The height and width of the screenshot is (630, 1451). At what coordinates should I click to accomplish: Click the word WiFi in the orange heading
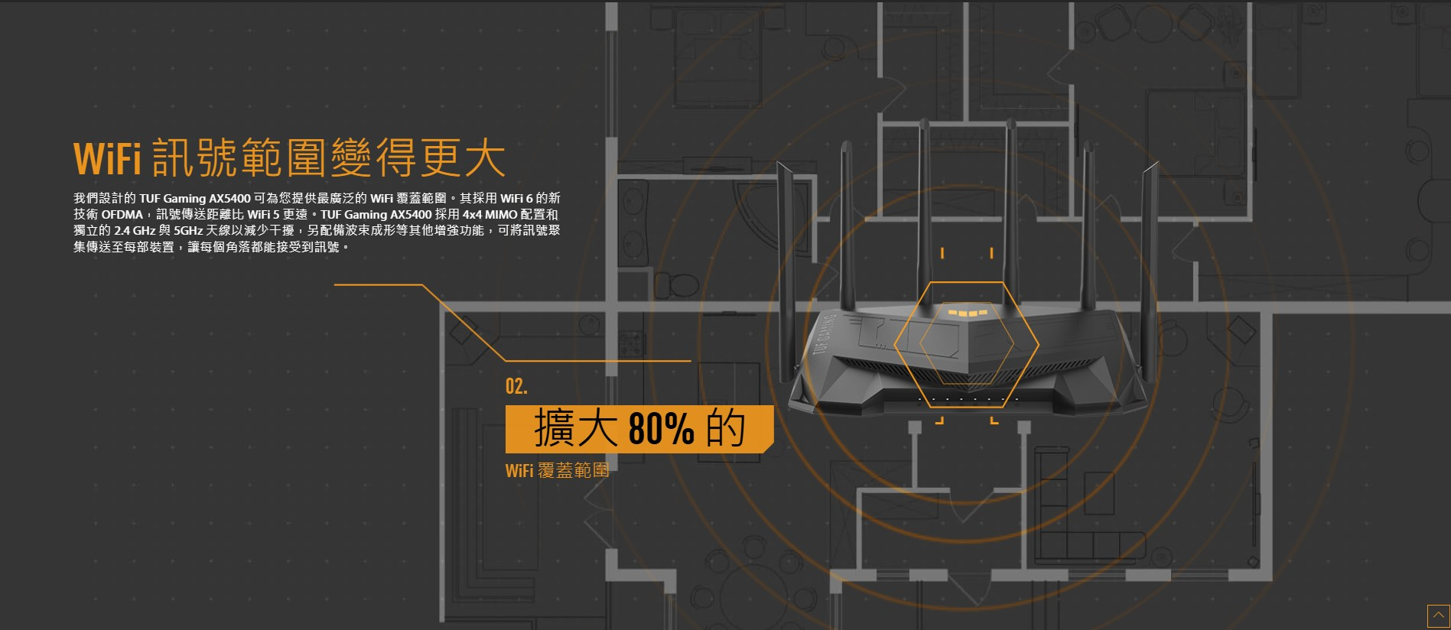pyautogui.click(x=107, y=158)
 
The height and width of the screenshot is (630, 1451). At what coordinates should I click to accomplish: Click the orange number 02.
pyautogui.click(x=516, y=386)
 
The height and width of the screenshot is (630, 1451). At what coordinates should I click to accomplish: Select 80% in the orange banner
pyautogui.click(x=661, y=428)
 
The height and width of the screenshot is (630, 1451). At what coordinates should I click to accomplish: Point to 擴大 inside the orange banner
pyautogui.click(x=575, y=428)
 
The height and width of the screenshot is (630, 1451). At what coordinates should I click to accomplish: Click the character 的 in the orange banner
pyautogui.click(x=725, y=428)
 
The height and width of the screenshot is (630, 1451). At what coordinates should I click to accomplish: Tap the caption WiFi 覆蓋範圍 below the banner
pyautogui.click(x=557, y=470)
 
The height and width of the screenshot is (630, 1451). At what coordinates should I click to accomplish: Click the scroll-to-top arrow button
pyautogui.click(x=1438, y=615)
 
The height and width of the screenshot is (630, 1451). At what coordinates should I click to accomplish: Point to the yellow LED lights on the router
pyautogui.click(x=967, y=313)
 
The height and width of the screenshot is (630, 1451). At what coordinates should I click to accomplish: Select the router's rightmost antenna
pyautogui.click(x=1148, y=268)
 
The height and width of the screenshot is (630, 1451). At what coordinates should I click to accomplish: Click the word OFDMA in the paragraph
pyautogui.click(x=122, y=215)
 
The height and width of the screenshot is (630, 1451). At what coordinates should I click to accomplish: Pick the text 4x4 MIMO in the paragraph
pyautogui.click(x=490, y=215)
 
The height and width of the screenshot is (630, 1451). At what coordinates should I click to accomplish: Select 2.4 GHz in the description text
pyautogui.click(x=135, y=231)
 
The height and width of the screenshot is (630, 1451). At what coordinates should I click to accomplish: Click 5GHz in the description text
pyautogui.click(x=188, y=231)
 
